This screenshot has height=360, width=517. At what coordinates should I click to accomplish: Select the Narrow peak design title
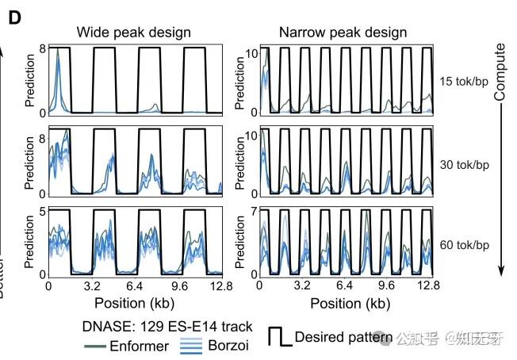[x=343, y=33]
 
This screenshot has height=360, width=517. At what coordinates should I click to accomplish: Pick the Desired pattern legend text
[x=343, y=338]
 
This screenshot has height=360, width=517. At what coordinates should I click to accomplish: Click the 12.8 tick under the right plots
[x=428, y=287]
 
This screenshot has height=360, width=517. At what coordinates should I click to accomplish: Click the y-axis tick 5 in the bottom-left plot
[x=40, y=211]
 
